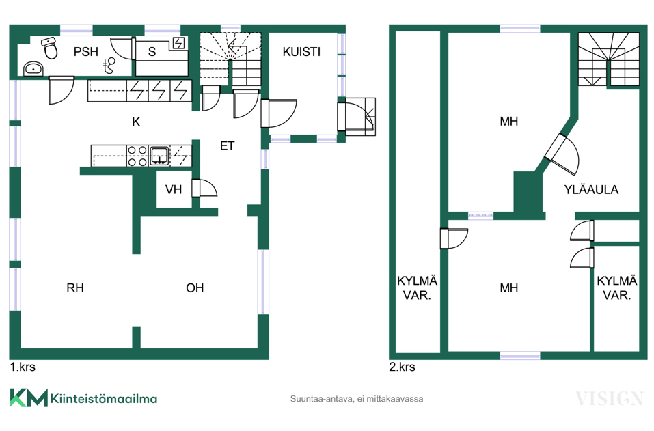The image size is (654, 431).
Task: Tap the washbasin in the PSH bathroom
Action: [33, 68]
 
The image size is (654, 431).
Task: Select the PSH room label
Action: [86, 52]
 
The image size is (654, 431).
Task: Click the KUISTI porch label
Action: [301, 52]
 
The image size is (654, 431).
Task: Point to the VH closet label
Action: [174, 190]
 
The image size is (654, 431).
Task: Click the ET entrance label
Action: [228, 146]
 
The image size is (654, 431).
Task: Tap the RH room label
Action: [75, 288]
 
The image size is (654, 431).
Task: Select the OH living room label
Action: [195, 288]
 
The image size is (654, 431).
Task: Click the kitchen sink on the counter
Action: [159, 156]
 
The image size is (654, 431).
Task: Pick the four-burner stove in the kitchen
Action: [137, 156]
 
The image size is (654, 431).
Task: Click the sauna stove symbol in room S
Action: [179, 43]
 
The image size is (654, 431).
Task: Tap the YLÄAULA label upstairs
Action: [591, 190]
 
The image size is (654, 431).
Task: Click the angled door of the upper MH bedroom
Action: [562, 154]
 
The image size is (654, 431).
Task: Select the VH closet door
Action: [204, 189]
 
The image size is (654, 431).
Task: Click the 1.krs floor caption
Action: [23, 367]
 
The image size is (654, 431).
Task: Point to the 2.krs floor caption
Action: [402, 367]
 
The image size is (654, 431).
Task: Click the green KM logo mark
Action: [29, 398]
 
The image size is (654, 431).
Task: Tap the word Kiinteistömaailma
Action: [104, 398]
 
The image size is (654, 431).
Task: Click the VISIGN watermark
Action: [610, 399]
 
